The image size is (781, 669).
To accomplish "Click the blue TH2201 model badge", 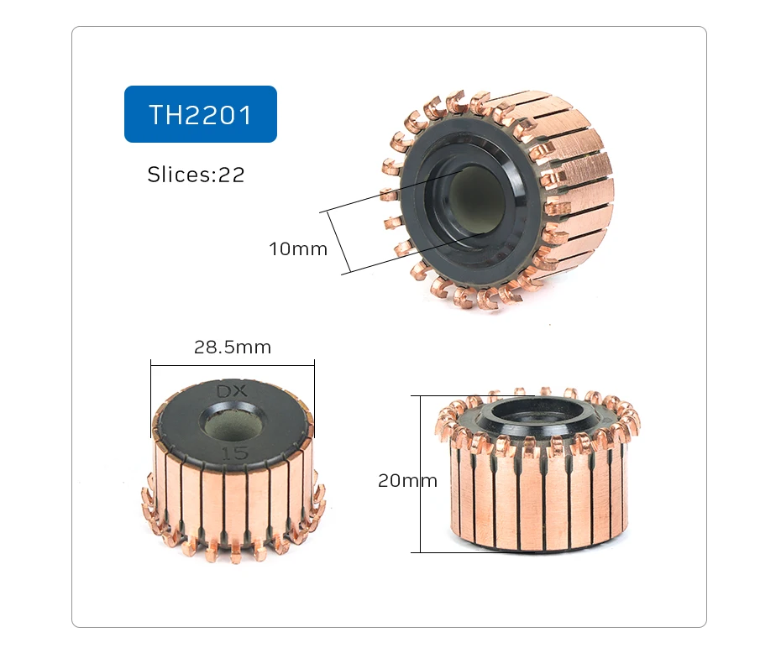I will point(200,114).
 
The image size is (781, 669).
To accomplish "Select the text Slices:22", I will point(196,175).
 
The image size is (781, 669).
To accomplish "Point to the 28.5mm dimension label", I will point(233,348).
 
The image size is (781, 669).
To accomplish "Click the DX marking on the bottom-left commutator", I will point(233,392).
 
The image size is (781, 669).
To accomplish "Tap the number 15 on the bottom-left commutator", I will point(233,452).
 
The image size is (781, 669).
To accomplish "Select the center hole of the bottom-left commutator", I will point(233,423).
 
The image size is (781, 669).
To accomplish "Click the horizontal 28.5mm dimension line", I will point(233,363).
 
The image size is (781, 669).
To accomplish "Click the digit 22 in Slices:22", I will point(232,175).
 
